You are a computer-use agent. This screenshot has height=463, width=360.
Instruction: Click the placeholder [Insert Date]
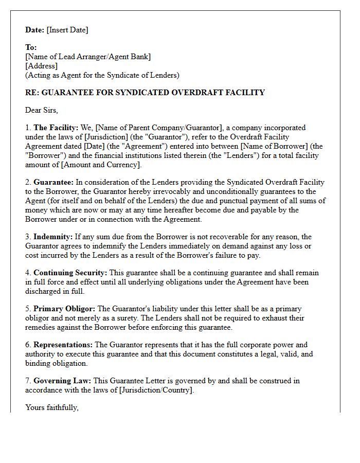point(67,30)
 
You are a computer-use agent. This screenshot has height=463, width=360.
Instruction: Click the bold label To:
point(31,47)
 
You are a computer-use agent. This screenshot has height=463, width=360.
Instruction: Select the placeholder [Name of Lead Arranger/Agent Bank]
point(88,57)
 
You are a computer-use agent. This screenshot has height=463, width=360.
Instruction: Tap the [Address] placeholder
point(41,66)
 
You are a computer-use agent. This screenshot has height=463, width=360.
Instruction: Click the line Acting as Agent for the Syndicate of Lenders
point(102,75)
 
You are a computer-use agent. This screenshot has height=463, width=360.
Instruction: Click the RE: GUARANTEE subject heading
point(145,93)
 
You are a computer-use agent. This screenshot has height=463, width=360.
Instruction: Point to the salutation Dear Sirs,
point(42,110)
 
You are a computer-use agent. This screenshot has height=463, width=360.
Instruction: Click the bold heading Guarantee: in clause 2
point(53,182)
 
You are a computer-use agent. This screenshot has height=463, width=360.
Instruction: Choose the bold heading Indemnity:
point(53,237)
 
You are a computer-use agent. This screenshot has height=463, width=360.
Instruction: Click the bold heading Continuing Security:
point(70,273)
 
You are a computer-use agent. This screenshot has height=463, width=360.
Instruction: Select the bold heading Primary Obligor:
point(64,309)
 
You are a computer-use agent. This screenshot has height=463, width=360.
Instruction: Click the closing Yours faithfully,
point(52,407)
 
